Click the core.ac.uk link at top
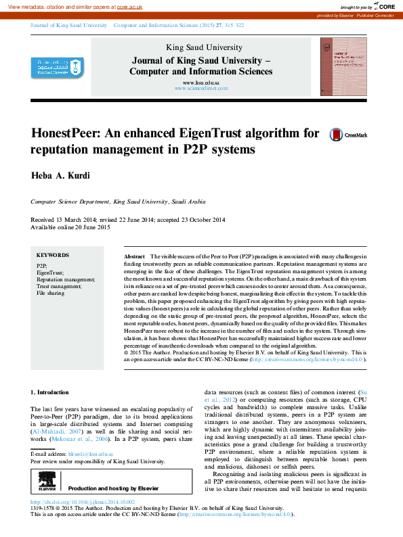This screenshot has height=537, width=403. tap(129, 6)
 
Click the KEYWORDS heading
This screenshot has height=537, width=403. tap(52, 256)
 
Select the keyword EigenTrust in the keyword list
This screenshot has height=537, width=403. tap(50, 273)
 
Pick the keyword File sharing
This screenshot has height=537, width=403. tap(51, 294)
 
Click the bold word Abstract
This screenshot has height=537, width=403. tap(134, 257)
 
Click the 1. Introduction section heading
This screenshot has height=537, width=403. tap(50, 392)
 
